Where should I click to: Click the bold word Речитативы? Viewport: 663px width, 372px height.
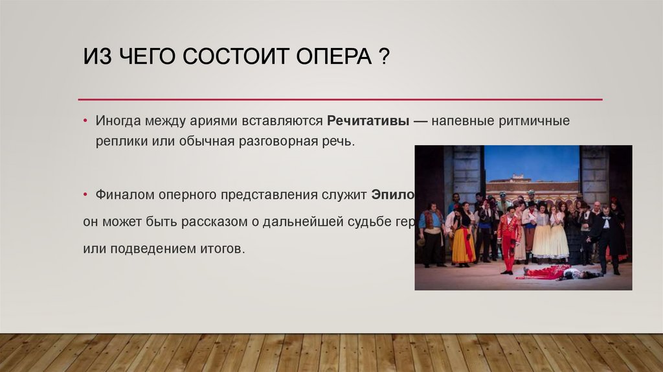[368, 121]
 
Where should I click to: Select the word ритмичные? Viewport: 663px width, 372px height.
[538, 121]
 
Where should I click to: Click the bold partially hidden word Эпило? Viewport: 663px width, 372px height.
[392, 194]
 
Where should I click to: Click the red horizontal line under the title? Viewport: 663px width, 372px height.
[340, 99]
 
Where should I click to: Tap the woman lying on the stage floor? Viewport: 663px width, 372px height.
[557, 273]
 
